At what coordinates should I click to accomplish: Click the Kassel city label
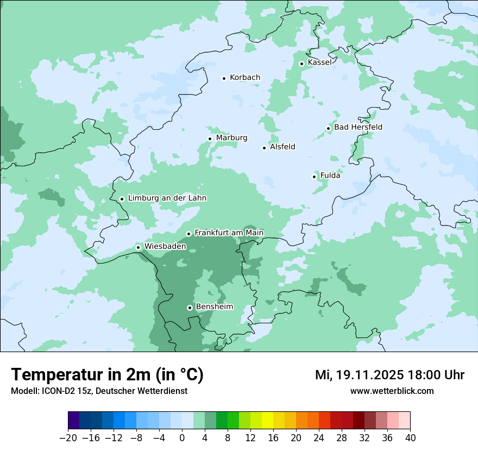[x=319, y=62]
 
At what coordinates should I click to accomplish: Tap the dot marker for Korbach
[x=224, y=78]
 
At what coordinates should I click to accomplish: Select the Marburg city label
[x=231, y=138]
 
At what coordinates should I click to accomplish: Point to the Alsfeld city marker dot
[x=265, y=148]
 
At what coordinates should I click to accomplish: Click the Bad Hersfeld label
[x=358, y=127]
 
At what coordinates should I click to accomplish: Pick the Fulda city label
[x=330, y=176]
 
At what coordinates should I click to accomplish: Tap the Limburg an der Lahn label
[x=167, y=198]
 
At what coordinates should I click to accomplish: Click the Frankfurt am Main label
[x=229, y=233]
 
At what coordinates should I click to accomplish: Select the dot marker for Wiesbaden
[x=139, y=248]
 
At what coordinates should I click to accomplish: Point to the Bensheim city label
[x=214, y=306]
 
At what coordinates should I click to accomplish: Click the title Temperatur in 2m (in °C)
[x=108, y=375]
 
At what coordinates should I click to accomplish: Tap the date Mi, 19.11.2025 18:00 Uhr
[x=389, y=375]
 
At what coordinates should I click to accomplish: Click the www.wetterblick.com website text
[x=392, y=391]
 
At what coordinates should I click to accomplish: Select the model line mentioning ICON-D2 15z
[x=99, y=391]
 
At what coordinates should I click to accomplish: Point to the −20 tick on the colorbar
[x=68, y=437]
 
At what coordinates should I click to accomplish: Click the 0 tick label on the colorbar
[x=182, y=437]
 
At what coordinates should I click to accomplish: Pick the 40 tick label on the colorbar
[x=410, y=437]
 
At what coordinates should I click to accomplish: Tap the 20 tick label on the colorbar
[x=296, y=437]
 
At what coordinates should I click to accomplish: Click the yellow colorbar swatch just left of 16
[x=267, y=421]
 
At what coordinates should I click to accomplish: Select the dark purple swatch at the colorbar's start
[x=74, y=421]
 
